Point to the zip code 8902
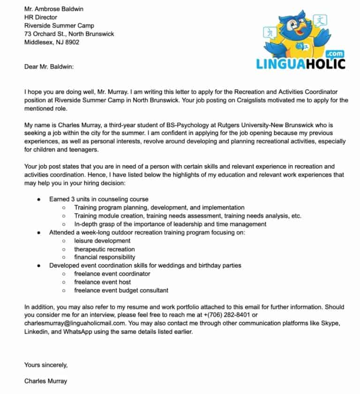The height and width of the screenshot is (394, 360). [x=72, y=42]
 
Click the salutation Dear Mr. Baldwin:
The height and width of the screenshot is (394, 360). [x=49, y=67]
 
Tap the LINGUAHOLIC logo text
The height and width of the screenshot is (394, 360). [x=300, y=63]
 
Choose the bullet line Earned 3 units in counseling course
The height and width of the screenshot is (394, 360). [x=98, y=199]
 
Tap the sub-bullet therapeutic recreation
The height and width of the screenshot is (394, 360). [x=104, y=249]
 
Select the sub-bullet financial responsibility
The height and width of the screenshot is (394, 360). [x=105, y=257]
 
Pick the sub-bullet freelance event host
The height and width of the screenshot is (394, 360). [x=102, y=282]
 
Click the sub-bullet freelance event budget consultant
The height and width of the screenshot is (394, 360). [x=121, y=290]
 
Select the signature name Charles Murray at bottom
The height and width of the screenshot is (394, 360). [x=45, y=381]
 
